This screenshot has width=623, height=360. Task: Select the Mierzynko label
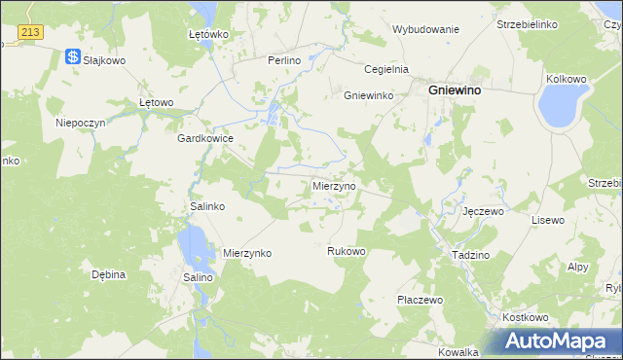247,253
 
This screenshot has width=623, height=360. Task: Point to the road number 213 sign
30,32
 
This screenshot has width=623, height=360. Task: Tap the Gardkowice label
204,138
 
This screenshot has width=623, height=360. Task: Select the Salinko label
207,207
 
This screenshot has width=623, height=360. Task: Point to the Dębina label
109,274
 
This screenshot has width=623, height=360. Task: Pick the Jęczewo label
482,211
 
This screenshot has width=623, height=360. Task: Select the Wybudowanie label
425,29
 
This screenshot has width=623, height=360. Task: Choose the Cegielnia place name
385,69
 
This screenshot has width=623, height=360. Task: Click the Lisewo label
547,220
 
